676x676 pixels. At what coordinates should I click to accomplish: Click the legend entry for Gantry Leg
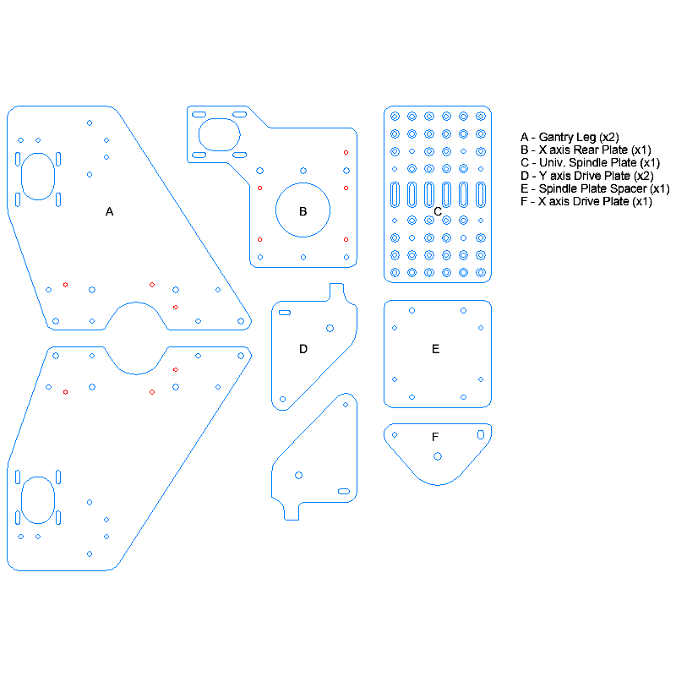tap(570, 137)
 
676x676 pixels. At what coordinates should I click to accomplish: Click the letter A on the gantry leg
tap(109, 212)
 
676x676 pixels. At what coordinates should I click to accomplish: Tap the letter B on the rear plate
tap(303, 211)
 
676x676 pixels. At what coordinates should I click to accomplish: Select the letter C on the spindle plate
tap(438, 211)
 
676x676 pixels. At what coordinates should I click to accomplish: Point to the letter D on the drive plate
tap(303, 348)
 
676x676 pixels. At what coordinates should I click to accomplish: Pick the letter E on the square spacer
tap(435, 348)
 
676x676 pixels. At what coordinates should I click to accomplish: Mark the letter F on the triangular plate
tap(435, 437)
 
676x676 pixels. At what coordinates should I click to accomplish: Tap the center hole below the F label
tap(437, 456)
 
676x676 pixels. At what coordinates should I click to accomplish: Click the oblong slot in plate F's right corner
tap(481, 433)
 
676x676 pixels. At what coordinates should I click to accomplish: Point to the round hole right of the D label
tap(330, 328)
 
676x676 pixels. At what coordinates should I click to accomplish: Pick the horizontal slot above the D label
tap(285, 313)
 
